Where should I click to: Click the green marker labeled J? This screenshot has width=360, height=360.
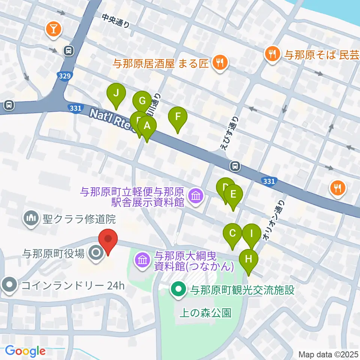tap(116, 93)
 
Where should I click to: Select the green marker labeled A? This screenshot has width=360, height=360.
tap(147, 126)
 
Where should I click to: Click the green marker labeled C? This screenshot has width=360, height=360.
tap(232, 233)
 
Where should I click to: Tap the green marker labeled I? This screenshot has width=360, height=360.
tap(252, 233)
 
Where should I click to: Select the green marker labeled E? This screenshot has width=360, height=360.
tap(233, 195)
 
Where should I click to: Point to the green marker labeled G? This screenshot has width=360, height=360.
tap(142, 101)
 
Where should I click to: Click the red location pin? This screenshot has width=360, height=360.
tap(108, 238)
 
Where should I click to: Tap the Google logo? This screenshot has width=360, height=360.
tap(25, 351)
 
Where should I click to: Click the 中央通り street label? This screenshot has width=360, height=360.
tap(117, 21)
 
